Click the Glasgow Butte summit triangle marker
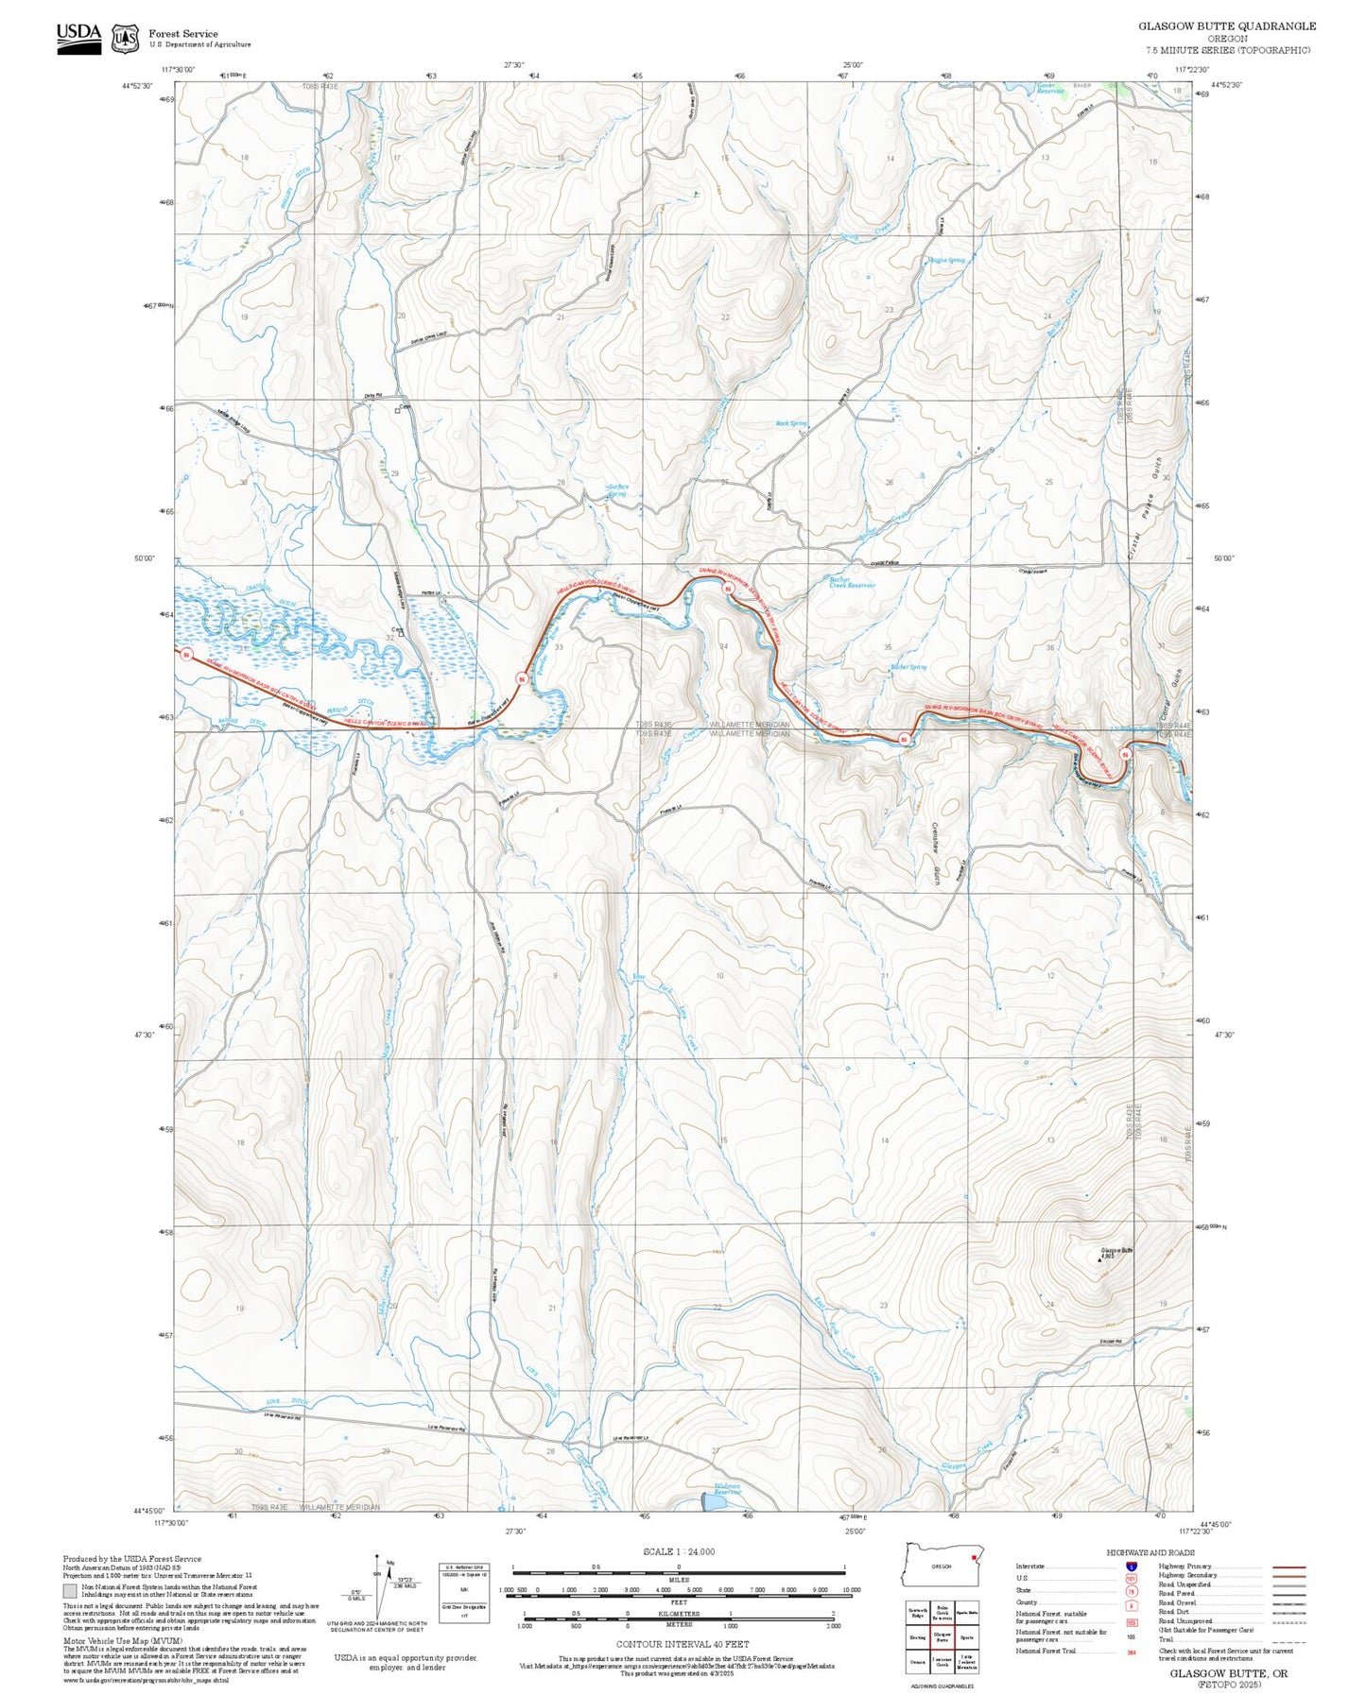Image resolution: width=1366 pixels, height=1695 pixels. pos(1098,1259)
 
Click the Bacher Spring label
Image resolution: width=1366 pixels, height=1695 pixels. pos(908,667)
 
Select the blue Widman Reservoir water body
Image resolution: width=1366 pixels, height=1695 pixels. pos(714,1501)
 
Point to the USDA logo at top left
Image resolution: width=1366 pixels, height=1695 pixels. pos(78,34)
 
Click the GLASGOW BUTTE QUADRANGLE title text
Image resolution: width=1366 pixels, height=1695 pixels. pos(1226,26)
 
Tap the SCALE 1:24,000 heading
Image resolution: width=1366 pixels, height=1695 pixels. pos(678,1551)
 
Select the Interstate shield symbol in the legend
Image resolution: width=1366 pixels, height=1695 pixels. pos(1131,1566)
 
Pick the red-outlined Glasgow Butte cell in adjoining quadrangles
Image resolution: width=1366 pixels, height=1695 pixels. pos(942,1636)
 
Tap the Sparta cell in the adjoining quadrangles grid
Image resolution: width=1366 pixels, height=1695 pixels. pos(966,1636)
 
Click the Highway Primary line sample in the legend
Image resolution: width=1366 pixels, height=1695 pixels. pos(1288,1567)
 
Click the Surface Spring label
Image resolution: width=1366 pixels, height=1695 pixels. pos(617,490)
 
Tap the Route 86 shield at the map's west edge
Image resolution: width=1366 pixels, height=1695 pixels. pos(187,655)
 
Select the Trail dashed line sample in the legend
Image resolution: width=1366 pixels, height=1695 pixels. pos(1288,1641)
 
